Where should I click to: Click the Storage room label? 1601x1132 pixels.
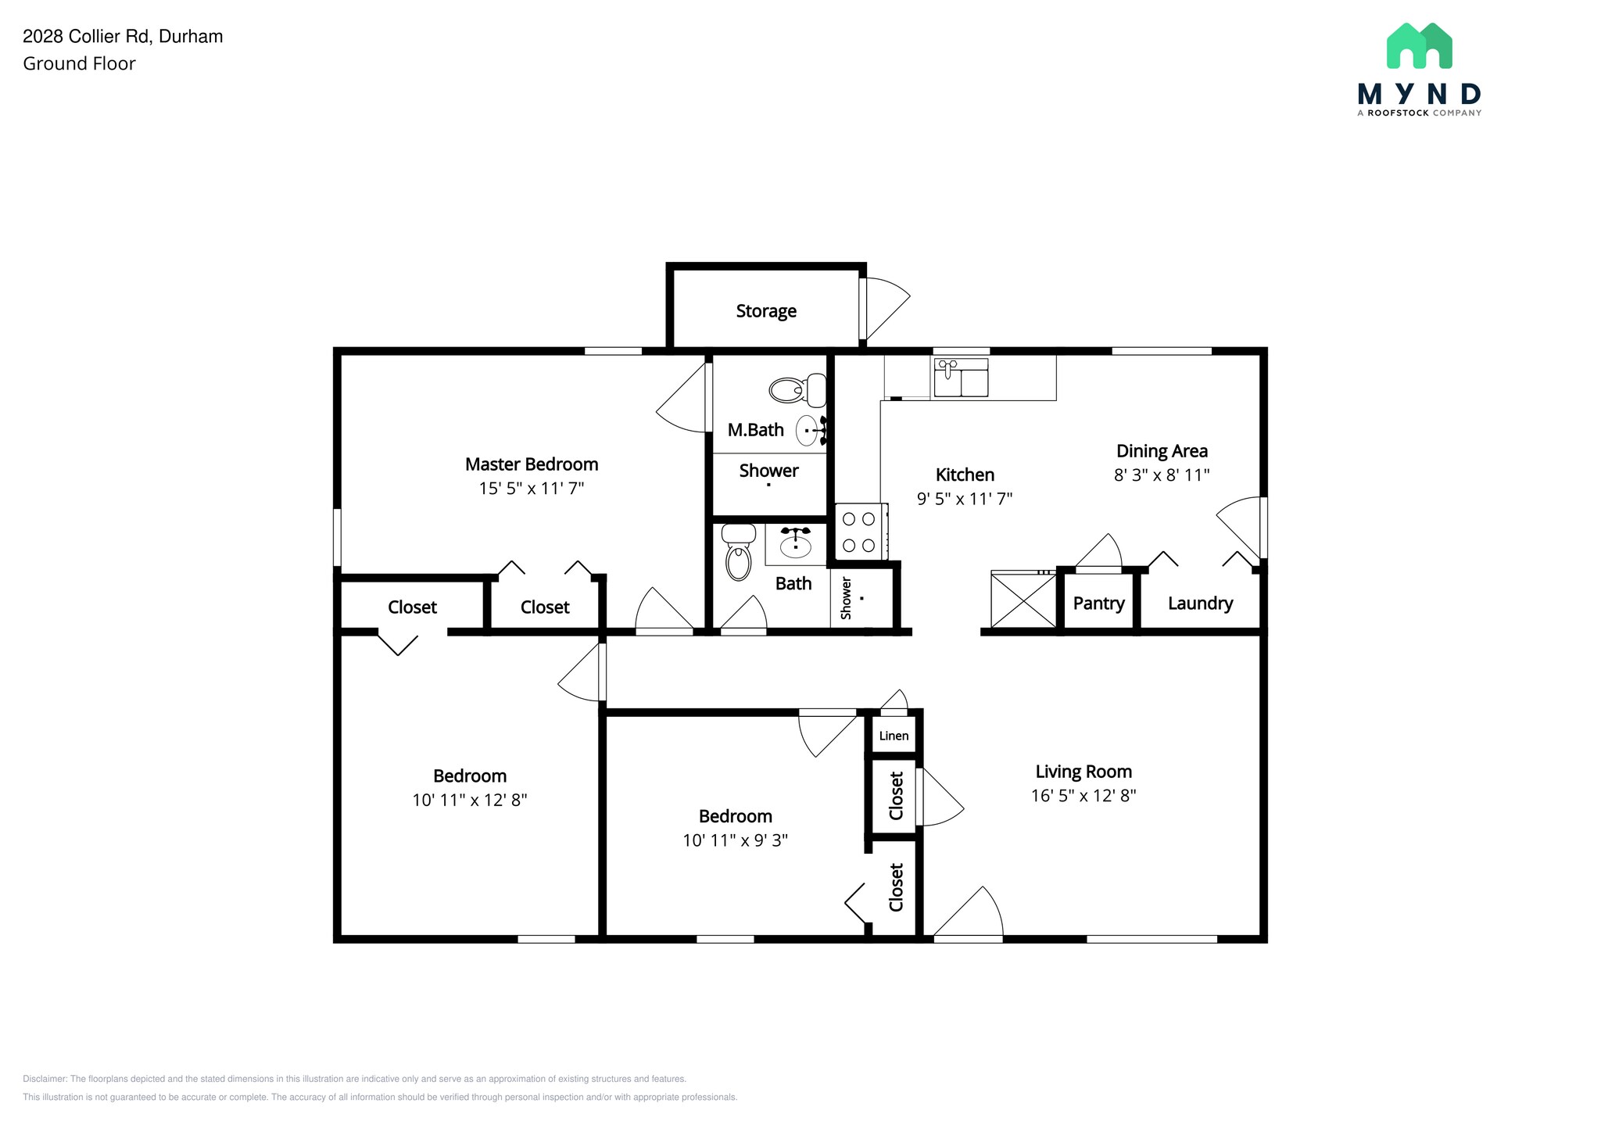click(766, 311)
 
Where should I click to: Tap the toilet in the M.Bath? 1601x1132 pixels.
click(797, 389)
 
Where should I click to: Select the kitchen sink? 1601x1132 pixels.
click(961, 378)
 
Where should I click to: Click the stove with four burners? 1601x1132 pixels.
click(859, 532)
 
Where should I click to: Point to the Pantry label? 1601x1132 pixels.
click(1098, 603)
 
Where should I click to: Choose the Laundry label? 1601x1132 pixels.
click(1200, 604)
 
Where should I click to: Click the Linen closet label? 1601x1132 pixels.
click(894, 736)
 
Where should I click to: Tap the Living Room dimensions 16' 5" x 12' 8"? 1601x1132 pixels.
click(1083, 796)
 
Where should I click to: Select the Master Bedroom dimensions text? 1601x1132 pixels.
click(532, 489)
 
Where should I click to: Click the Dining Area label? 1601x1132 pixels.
click(1162, 451)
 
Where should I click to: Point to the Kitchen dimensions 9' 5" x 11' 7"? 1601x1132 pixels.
click(965, 499)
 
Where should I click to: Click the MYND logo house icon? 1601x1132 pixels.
click(1419, 45)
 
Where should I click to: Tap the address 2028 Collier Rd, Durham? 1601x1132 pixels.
click(123, 37)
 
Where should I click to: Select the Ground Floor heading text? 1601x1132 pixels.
click(79, 64)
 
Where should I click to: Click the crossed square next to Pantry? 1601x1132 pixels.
click(1023, 600)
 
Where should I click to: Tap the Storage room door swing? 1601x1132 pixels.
click(886, 309)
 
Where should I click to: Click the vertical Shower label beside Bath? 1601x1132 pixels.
click(846, 599)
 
